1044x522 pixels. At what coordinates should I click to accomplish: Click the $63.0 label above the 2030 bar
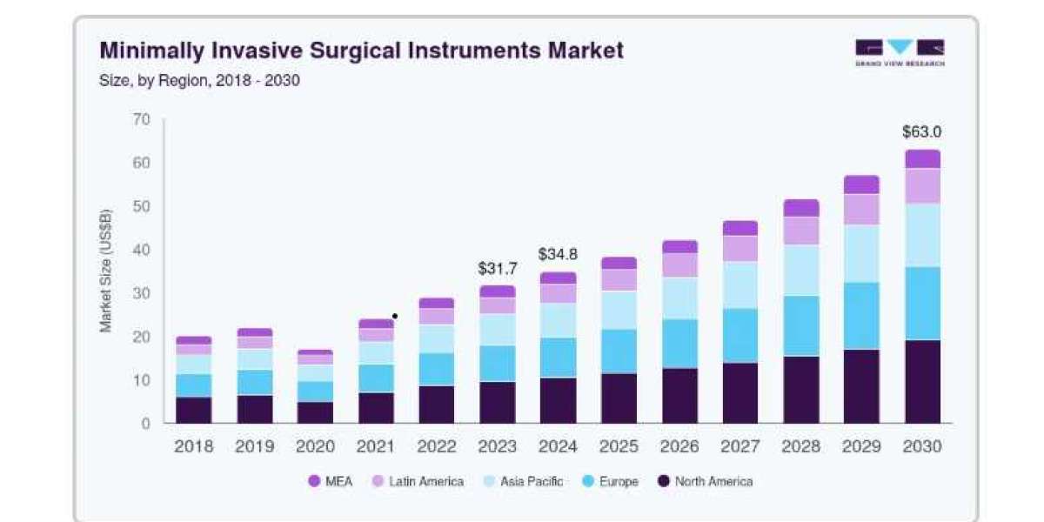pos(922,132)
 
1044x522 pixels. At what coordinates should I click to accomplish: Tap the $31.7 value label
pos(498,269)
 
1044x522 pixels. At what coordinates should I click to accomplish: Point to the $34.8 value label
pos(558,254)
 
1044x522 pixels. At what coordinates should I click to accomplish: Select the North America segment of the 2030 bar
pos(923,382)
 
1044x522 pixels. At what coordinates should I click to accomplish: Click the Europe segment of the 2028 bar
pos(801,325)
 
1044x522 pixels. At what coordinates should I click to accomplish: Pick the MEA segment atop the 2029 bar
pos(861,184)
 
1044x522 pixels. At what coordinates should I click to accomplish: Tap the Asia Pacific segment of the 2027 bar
pos(740,284)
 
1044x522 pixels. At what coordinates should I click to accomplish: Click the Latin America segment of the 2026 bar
pos(680,265)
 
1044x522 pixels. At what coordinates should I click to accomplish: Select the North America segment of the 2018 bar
pos(194,410)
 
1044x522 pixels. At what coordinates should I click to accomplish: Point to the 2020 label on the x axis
pos(316,446)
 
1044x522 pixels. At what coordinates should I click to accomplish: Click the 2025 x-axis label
pos(619,446)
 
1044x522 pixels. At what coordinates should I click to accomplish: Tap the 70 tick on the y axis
pos(142,119)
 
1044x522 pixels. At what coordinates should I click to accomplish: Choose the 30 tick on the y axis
pos(142,293)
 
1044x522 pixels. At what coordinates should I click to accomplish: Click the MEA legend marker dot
pos(315,481)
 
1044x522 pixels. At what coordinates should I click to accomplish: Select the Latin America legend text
pos(426,481)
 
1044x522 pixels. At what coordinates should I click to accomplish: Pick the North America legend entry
pos(706,481)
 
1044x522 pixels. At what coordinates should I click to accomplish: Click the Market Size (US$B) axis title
pos(106,271)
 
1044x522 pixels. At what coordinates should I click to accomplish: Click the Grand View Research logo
pos(900,53)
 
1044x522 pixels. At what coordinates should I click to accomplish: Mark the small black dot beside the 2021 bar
pos(395,317)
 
